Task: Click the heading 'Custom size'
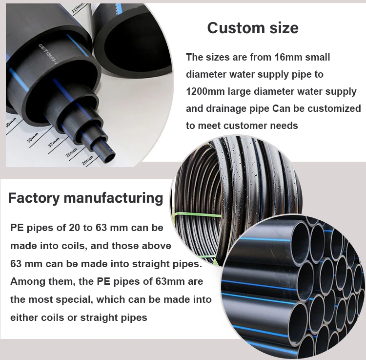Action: pos(252,28)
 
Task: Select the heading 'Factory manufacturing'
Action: pos(85,198)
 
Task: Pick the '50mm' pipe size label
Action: pos(33,135)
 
